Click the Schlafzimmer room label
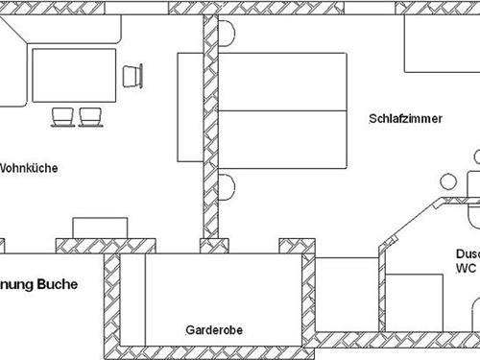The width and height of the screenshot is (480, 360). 405,119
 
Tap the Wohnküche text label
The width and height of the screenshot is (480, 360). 29,167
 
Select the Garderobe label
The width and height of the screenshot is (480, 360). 214,329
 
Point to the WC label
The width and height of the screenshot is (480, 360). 466,270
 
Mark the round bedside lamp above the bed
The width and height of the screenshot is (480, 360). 227,33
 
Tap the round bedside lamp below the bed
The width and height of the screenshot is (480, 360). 227,187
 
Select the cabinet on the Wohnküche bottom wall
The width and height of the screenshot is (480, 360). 100,228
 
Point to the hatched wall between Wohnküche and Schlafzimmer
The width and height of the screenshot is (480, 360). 210,134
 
